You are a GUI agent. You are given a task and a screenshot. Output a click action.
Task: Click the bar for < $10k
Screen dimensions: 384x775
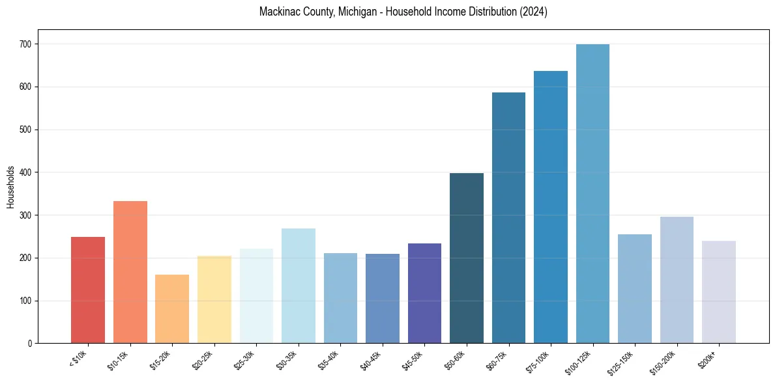(88, 290)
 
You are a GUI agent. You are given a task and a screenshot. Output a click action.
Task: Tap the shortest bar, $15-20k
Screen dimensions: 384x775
(172, 309)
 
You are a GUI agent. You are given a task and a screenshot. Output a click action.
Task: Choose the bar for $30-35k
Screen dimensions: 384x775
(299, 286)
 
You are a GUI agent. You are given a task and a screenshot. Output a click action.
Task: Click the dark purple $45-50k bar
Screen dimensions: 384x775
(424, 294)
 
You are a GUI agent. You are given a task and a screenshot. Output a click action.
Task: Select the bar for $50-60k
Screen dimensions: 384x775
(467, 258)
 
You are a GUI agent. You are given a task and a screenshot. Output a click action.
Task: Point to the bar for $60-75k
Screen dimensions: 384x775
(508, 218)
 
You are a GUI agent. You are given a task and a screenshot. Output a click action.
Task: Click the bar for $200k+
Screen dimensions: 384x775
(719, 292)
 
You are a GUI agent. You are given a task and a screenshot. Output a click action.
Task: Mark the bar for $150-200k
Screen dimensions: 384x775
(677, 280)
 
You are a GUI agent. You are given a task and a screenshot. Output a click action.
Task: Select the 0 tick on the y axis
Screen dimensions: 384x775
(32, 344)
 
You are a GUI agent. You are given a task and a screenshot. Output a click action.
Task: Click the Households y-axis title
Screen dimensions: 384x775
(11, 187)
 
